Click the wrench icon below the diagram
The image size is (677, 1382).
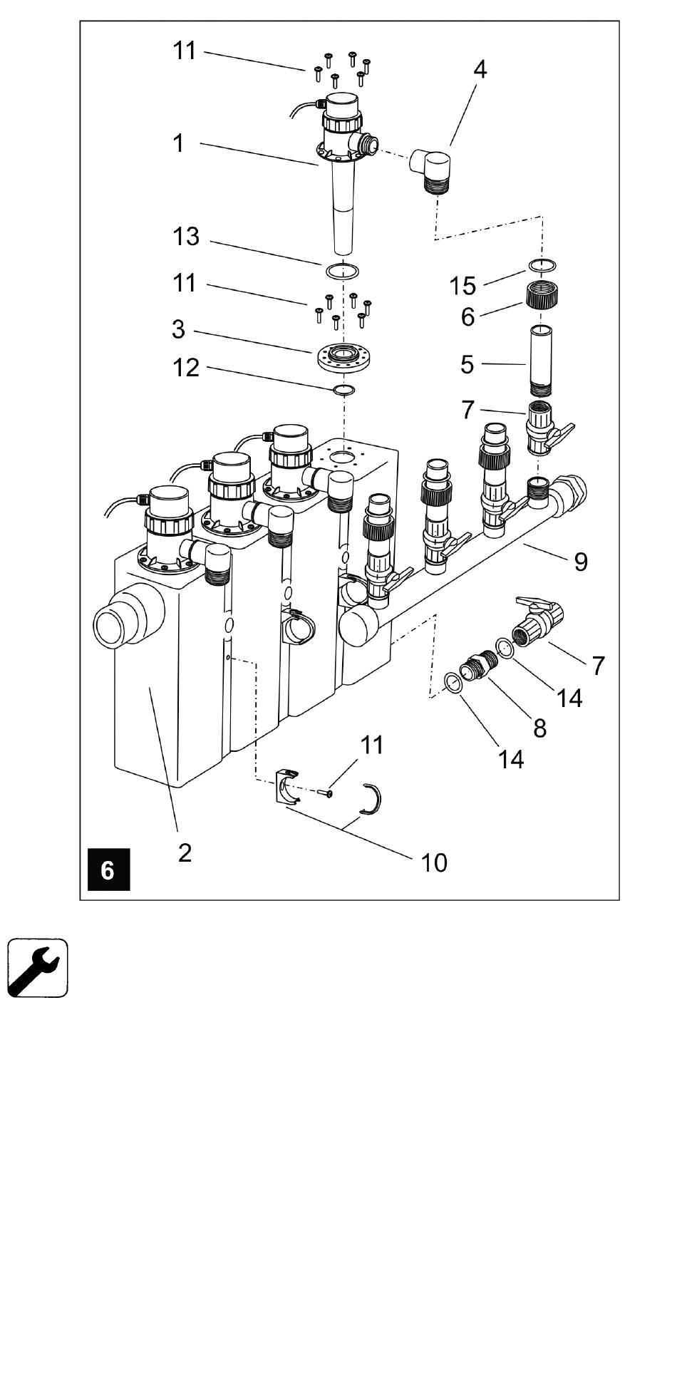[x=38, y=967]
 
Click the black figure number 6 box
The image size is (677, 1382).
[x=108, y=870]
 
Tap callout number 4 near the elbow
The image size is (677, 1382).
[x=480, y=70]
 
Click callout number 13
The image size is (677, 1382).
[x=186, y=237]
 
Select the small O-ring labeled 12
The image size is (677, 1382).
[x=345, y=390]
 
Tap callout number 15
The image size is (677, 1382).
[x=462, y=286]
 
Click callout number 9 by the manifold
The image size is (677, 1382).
[x=581, y=562]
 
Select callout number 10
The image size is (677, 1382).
[x=434, y=862]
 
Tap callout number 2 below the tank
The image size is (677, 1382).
[x=185, y=852]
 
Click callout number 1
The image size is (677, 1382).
[x=178, y=143]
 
